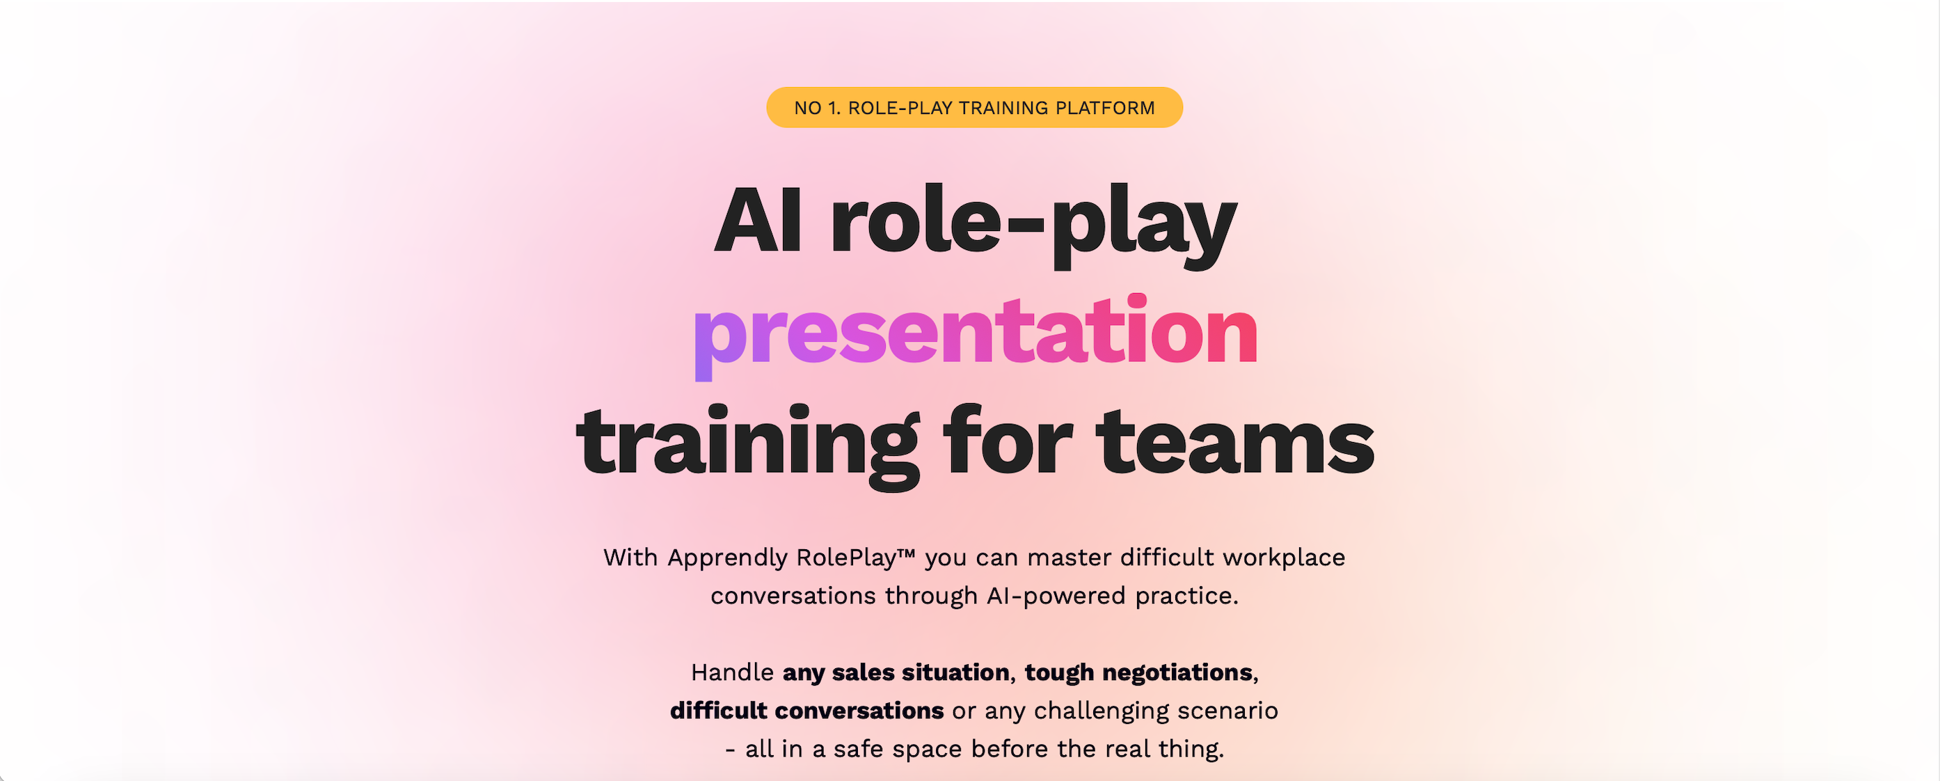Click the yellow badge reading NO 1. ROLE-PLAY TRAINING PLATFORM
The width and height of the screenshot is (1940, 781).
tap(974, 108)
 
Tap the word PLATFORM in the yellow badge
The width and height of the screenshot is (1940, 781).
tap(1105, 108)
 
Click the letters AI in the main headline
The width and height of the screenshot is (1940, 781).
tap(758, 221)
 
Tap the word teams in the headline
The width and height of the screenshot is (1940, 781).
tap(1236, 442)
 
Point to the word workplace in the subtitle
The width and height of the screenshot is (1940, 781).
tap(1283, 558)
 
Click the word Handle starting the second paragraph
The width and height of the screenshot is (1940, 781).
tap(732, 672)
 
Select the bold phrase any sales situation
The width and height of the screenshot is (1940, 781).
tap(896, 672)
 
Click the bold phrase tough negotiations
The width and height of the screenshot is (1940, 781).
tap(1138, 672)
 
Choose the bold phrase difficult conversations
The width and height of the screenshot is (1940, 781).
tap(806, 710)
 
